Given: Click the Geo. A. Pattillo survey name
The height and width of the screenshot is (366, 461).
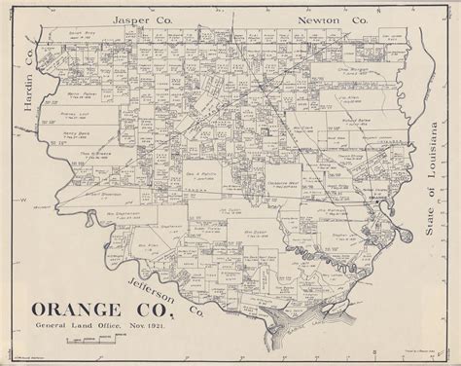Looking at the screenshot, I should coord(203,176).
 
